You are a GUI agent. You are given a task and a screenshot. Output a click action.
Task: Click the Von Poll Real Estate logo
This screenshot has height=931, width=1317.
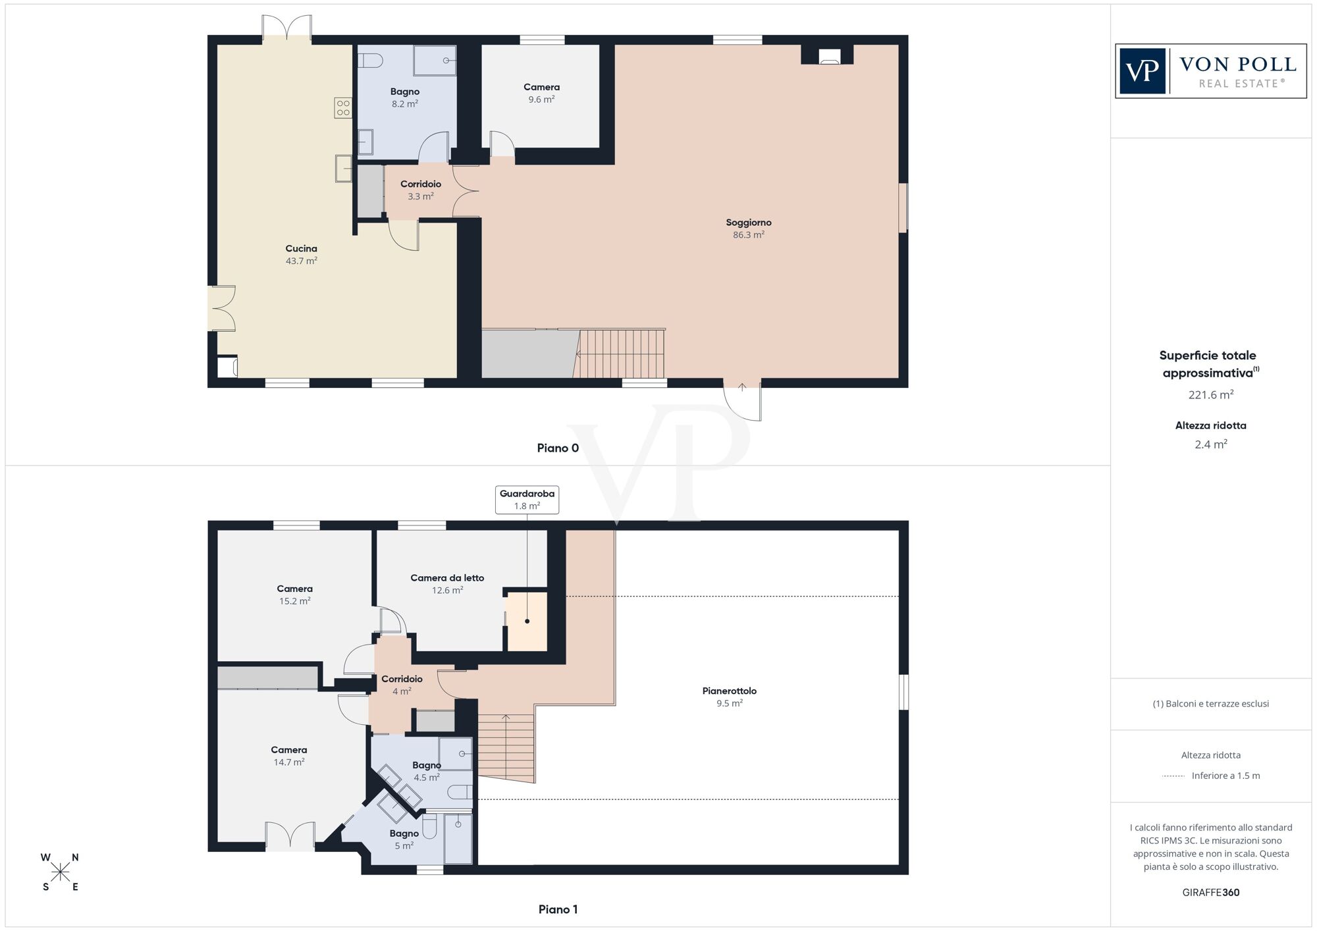(x=1210, y=71)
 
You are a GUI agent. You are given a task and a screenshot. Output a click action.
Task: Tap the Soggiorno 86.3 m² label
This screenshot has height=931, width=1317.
(x=749, y=228)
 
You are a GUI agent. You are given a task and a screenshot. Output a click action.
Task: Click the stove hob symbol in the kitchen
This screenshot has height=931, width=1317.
(x=343, y=108)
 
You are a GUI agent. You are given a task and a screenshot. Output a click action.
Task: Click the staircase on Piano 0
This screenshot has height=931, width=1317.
(x=621, y=354)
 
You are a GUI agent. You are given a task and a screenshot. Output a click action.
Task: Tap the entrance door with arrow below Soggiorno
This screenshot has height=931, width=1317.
(x=743, y=400)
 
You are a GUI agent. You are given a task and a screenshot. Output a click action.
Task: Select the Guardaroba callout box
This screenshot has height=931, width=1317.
(x=527, y=500)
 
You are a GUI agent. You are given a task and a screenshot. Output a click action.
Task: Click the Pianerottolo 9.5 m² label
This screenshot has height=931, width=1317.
(x=729, y=697)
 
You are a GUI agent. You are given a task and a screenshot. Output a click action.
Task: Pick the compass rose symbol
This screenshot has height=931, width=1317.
(x=60, y=872)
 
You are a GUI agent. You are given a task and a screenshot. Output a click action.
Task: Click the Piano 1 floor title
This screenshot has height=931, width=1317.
(x=558, y=909)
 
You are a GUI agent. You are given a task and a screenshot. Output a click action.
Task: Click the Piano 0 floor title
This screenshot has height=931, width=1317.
(x=558, y=448)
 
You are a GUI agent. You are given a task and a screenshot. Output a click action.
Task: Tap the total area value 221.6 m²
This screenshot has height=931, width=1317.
(x=1210, y=395)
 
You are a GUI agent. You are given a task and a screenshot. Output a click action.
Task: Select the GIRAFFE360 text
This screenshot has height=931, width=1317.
(x=1210, y=893)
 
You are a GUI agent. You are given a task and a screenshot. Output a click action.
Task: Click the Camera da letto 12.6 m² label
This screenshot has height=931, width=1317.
(x=447, y=583)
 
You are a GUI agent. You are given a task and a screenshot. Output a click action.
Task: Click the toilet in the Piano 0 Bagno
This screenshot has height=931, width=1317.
(x=371, y=61)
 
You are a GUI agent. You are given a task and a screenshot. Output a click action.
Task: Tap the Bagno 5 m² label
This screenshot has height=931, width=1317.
(x=404, y=839)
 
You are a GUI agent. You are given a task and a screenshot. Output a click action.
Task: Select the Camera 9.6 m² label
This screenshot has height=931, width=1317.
(x=541, y=93)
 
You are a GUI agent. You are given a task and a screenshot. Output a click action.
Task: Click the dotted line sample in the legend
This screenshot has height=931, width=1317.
(x=1173, y=776)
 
